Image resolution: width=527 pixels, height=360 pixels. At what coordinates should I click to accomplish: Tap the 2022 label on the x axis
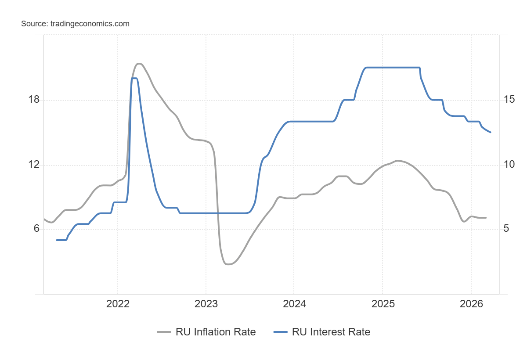[x=117, y=304]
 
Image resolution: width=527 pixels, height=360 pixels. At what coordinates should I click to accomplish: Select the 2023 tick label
[x=206, y=304]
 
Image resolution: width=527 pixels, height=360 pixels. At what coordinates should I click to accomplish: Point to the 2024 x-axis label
[x=294, y=304]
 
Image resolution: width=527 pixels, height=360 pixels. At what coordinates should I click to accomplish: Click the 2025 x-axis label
[x=382, y=304]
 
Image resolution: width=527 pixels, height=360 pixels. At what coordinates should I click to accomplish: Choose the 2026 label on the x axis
[x=471, y=304]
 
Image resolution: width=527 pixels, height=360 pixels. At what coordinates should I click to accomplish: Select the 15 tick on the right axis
[x=509, y=100]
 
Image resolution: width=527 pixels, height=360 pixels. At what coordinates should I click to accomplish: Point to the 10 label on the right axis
[x=509, y=165]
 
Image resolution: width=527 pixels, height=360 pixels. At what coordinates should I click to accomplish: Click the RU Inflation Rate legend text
[x=216, y=332]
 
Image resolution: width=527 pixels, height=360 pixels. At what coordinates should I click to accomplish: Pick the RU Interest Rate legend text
[x=331, y=332]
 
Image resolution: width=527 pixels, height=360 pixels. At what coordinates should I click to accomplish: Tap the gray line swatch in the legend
[x=164, y=332]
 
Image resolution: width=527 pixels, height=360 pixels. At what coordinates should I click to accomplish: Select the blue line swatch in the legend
[x=281, y=332]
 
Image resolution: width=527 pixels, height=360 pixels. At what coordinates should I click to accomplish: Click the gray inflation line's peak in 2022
[x=139, y=64]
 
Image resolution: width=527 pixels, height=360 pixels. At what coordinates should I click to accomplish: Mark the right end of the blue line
[x=490, y=132]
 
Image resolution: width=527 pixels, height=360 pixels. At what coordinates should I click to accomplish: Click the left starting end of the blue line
[x=57, y=240]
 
